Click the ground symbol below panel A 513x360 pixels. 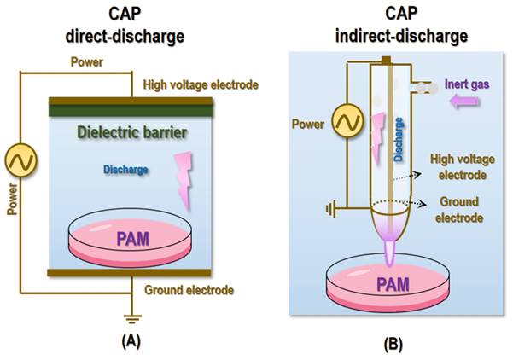click(132, 318)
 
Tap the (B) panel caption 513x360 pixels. click(393, 344)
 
